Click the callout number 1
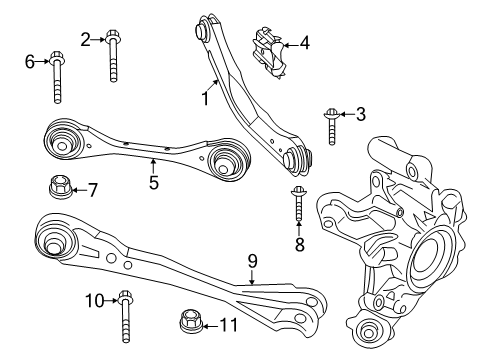(x=205, y=100)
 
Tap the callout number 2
(x=86, y=39)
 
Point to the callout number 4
(x=304, y=44)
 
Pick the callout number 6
(x=30, y=62)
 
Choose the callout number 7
(x=92, y=188)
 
